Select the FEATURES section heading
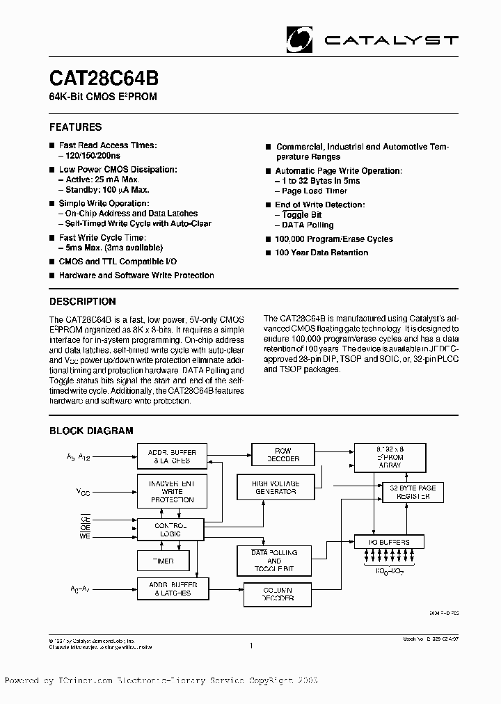(75, 127)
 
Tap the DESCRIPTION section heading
(82, 302)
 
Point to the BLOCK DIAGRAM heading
(90, 431)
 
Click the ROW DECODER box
(283, 455)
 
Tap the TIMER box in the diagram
(163, 561)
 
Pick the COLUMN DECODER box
(278, 594)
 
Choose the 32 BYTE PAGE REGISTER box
(413, 493)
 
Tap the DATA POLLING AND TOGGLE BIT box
(273, 561)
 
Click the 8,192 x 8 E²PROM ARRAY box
(388, 456)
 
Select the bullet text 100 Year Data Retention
(321, 253)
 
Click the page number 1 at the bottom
(250, 646)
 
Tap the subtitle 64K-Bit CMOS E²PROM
(103, 97)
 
